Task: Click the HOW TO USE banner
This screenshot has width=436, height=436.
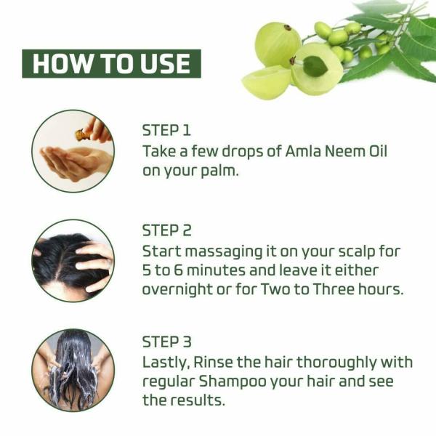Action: coord(111,64)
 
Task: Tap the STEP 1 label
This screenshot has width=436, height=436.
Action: coord(166,130)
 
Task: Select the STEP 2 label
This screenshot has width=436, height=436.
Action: coord(167,230)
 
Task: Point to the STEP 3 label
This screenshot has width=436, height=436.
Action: coord(167,342)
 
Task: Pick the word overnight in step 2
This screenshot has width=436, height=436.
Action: coord(177,290)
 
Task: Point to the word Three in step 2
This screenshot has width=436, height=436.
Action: coord(333,289)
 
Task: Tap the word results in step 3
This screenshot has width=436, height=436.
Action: coord(197,400)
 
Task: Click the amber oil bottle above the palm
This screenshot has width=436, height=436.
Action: coord(81,134)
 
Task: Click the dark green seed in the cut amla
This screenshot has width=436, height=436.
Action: coord(315,66)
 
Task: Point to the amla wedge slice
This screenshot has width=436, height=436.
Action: coord(267,83)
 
